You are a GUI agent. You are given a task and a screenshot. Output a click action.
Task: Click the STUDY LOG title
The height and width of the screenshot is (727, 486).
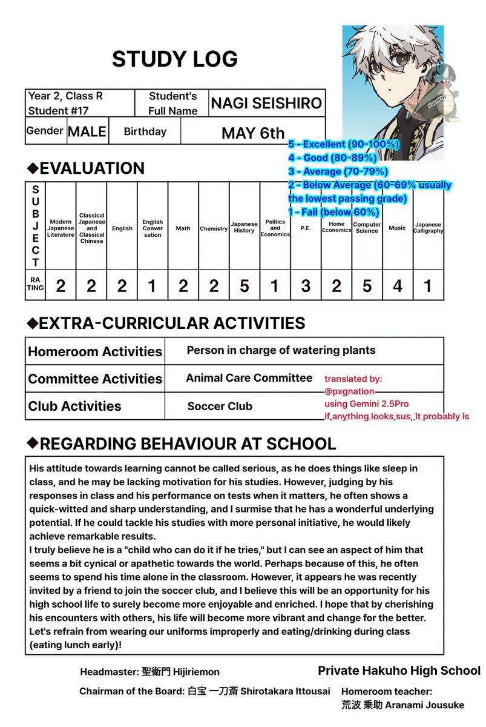point(174,59)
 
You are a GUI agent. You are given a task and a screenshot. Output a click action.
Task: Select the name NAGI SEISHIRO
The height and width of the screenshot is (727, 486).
point(266,104)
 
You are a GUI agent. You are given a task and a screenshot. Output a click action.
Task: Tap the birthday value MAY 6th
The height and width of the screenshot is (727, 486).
point(253,133)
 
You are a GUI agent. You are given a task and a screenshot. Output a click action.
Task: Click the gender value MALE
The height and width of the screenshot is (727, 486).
point(87,131)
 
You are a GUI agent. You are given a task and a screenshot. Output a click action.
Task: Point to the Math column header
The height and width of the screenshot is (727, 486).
point(183,228)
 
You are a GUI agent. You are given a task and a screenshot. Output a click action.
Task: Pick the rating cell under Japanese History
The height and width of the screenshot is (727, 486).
point(244,285)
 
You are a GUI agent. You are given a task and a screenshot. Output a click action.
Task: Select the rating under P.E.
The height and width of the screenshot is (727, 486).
point(306,285)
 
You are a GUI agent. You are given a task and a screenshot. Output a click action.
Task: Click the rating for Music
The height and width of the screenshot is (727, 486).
point(397,285)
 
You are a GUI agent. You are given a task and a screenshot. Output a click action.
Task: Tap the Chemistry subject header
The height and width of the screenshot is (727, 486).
point(214,229)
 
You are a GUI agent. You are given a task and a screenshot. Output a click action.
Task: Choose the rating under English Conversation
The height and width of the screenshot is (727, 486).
point(153,285)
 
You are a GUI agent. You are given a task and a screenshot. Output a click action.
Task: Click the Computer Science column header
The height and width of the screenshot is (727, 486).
point(367,228)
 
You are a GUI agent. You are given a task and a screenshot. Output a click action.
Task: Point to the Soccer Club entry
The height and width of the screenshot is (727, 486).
point(220,407)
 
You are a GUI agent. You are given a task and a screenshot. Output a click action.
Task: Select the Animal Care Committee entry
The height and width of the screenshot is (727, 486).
point(249,378)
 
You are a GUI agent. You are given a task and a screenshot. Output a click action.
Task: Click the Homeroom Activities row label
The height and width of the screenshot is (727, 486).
point(95,352)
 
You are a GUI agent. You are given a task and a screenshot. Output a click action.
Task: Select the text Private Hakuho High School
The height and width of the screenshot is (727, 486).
point(399,671)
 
